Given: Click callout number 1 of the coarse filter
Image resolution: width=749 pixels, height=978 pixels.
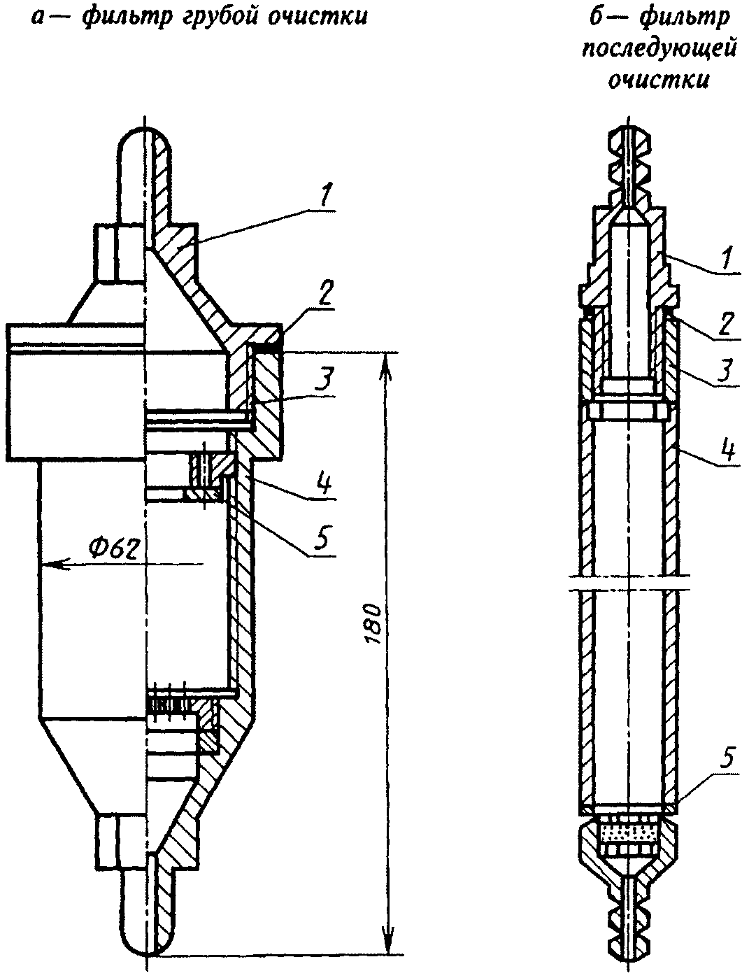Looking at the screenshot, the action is pos(327,197).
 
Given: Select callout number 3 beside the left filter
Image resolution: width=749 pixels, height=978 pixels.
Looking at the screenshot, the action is pos(324,381).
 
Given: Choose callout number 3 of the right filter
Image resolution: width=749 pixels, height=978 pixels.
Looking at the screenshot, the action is pos(728,370).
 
